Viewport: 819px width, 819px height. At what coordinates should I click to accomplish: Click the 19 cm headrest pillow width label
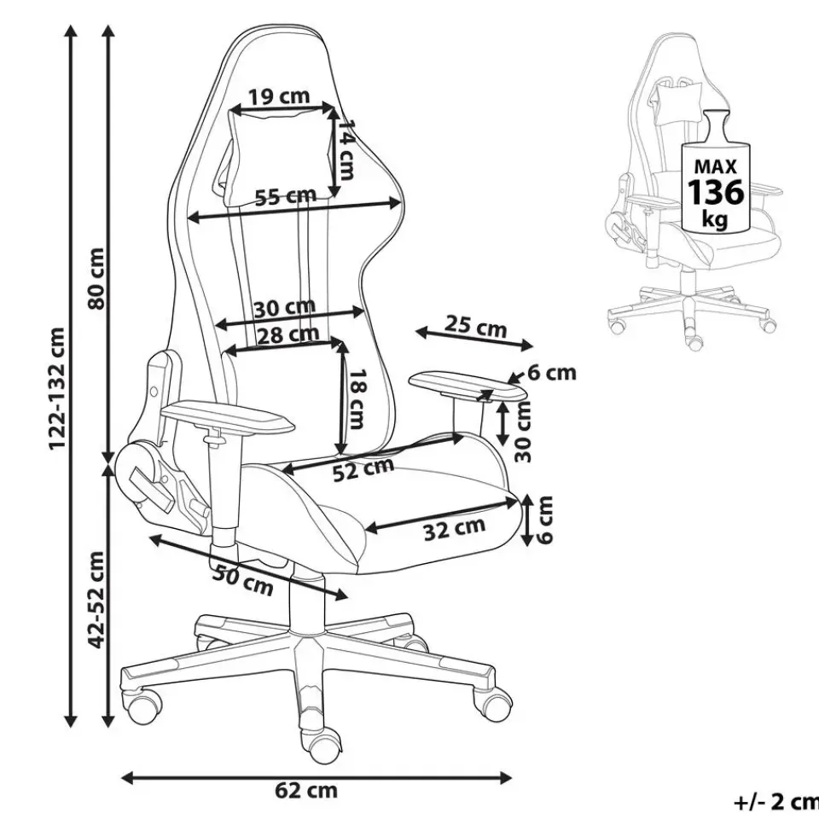point(281,96)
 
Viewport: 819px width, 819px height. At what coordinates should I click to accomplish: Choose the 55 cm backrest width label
point(285,197)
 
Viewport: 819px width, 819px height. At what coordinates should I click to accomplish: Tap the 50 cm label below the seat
point(243,580)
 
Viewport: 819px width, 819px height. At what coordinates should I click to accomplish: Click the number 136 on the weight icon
point(716,191)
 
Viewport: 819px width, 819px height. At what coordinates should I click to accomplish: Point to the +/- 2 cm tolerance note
point(775,801)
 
